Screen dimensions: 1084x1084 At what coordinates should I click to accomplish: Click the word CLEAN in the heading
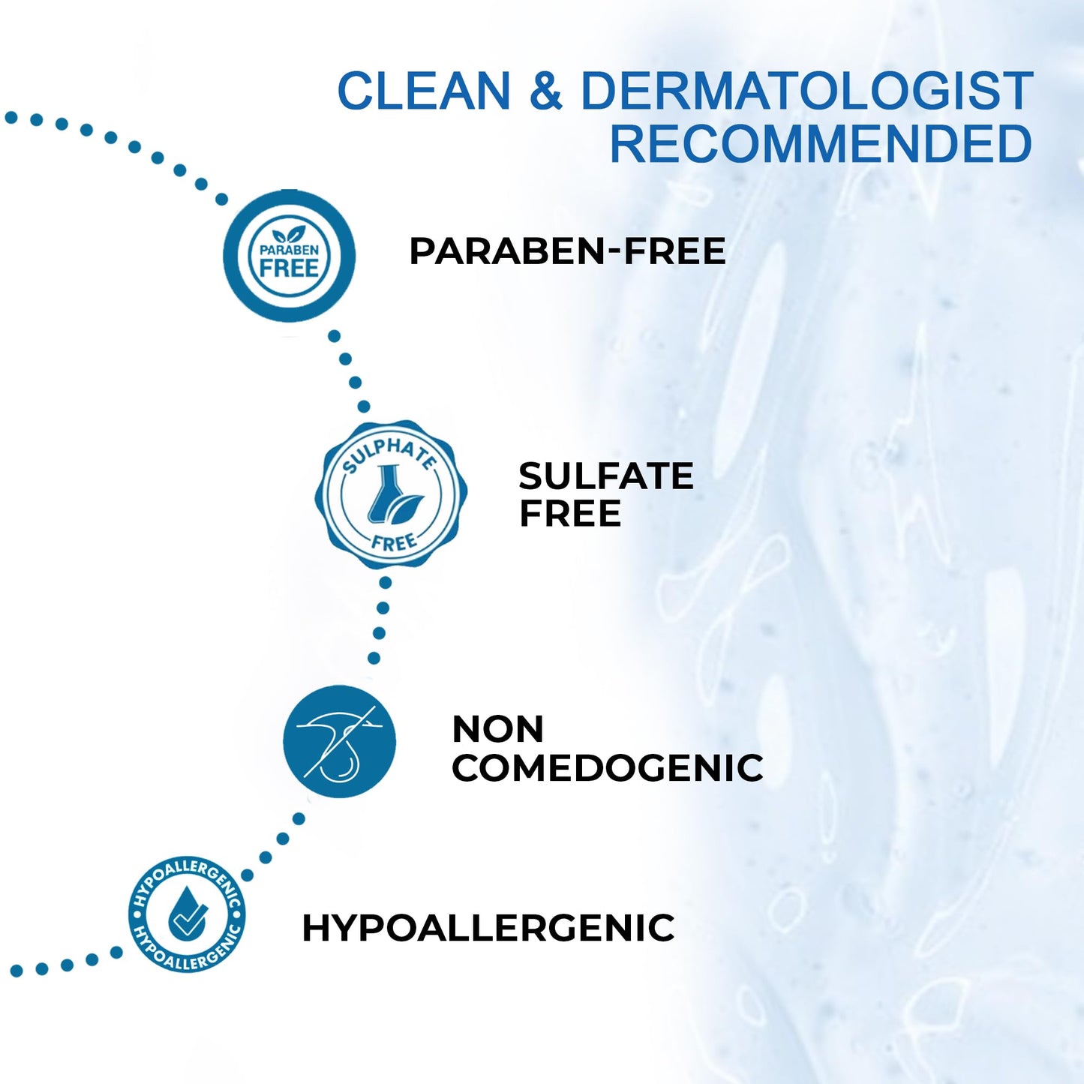[424, 92]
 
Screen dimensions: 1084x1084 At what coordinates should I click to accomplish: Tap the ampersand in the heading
[545, 92]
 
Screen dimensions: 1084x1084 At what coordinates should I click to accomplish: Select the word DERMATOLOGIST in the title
[806, 92]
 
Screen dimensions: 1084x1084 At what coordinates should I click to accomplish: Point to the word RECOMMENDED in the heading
[821, 144]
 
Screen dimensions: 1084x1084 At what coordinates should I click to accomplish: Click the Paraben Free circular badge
[289, 256]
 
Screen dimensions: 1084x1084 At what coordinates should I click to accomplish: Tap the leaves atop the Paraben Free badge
[289, 234]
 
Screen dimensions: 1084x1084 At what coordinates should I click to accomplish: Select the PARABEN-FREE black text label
[567, 251]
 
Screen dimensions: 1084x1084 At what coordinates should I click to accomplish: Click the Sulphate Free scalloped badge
[391, 494]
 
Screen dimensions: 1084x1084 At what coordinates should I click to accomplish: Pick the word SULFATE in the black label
[606, 476]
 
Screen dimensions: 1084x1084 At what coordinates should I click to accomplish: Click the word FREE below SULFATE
[570, 515]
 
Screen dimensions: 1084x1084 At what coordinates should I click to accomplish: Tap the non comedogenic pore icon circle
[339, 741]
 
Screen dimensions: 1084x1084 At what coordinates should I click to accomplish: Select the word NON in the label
[498, 729]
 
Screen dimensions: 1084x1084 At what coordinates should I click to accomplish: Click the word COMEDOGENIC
[608, 768]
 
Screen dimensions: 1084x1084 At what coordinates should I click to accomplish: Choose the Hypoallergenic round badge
[187, 914]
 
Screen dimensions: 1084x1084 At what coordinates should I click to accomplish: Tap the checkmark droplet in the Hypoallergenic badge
[187, 914]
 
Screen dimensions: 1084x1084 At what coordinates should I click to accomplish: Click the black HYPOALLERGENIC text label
[488, 928]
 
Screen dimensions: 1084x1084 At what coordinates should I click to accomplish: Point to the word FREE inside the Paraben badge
[289, 268]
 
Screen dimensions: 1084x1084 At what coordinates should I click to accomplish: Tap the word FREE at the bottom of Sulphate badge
[394, 542]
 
